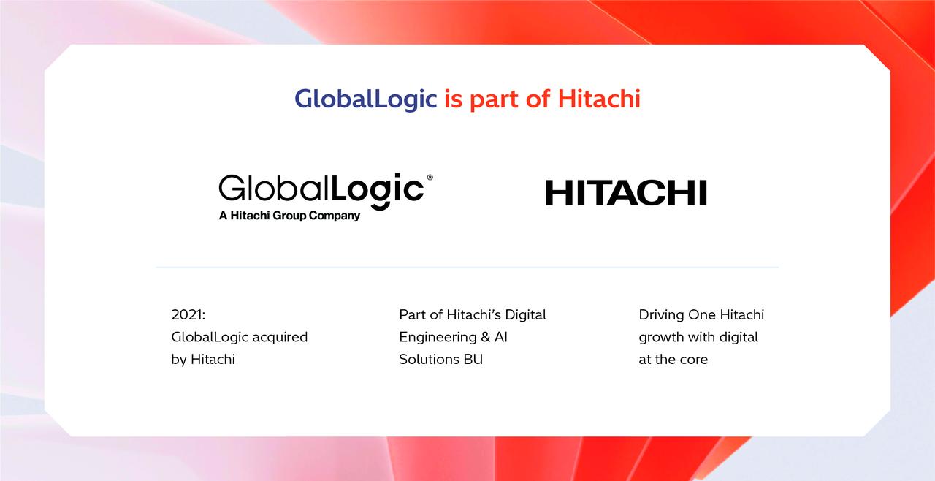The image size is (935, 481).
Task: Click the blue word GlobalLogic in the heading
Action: pos(365,99)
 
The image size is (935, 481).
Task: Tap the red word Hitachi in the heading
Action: pos(599,99)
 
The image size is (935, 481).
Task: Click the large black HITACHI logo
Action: pos(626,193)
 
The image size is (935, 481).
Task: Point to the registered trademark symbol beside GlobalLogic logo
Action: pos(430,178)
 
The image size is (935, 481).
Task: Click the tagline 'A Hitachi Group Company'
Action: pos(289,216)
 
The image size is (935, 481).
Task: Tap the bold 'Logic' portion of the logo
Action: pos(378,190)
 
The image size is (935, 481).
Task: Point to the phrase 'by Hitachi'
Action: pos(203,360)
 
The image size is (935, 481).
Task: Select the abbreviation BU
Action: pos(473,360)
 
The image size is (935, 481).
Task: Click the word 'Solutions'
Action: pos(429,360)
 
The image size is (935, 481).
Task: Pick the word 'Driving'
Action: pos(661,315)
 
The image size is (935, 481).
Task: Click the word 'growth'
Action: pos(662,338)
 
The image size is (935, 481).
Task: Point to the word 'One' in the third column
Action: pos(702,315)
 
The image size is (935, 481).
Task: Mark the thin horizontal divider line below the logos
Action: pos(467,268)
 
